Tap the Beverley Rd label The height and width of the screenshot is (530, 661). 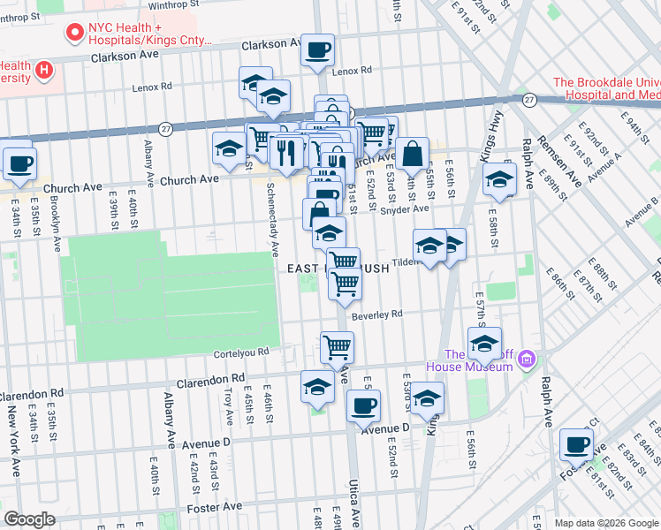(376, 314)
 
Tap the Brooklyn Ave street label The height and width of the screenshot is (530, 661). (55, 224)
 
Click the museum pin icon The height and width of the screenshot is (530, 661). (528, 359)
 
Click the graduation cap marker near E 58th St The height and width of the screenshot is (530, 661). (499, 178)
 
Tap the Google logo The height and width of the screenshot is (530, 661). (29, 519)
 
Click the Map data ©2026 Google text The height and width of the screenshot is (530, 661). (605, 523)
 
